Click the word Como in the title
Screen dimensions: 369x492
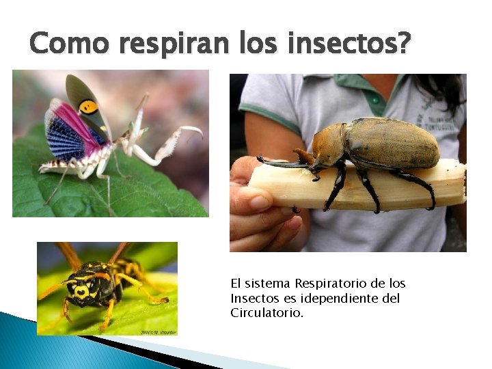[x=68, y=44]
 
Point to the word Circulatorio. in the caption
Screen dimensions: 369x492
[x=267, y=314]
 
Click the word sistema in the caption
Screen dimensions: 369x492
[x=269, y=284]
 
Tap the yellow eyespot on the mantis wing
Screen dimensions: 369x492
[x=87, y=107]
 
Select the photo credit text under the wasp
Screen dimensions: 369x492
[x=158, y=332]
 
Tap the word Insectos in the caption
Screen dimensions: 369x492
[x=252, y=299]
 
